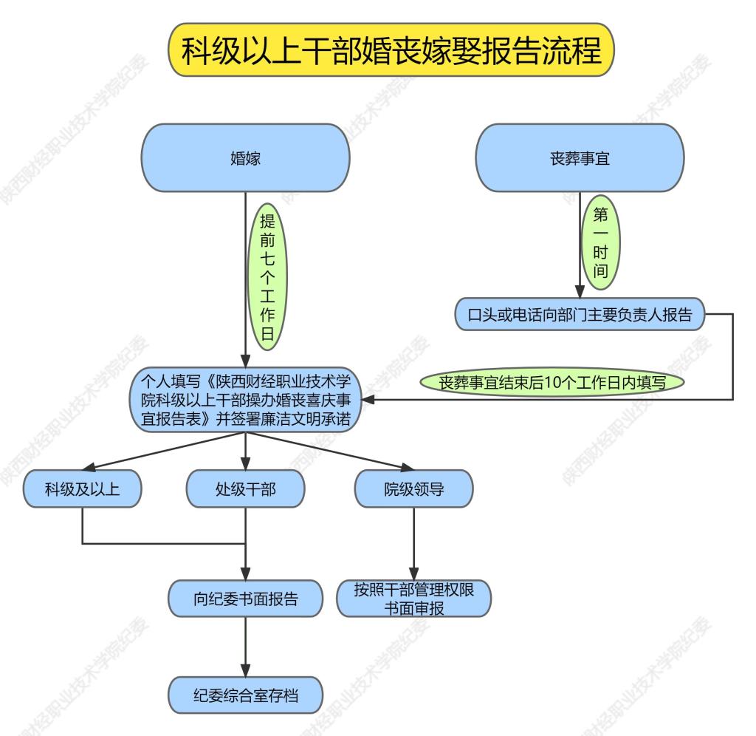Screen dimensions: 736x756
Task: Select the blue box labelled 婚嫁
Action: coord(245,158)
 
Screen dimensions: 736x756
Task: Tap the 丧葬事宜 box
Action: coord(581,158)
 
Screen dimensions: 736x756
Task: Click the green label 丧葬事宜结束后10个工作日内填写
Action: coord(551,384)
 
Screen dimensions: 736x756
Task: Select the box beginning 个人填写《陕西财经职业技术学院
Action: coord(245,401)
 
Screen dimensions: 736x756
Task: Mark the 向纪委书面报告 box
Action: coord(245,599)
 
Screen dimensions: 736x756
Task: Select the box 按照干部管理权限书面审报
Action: coord(413,599)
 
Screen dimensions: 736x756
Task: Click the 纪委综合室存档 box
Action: coord(245,695)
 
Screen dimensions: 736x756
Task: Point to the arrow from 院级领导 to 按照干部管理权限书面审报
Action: coord(413,543)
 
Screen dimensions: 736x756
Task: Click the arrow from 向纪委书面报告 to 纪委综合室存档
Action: coord(245,647)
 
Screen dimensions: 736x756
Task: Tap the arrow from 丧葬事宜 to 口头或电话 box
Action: coord(581,244)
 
